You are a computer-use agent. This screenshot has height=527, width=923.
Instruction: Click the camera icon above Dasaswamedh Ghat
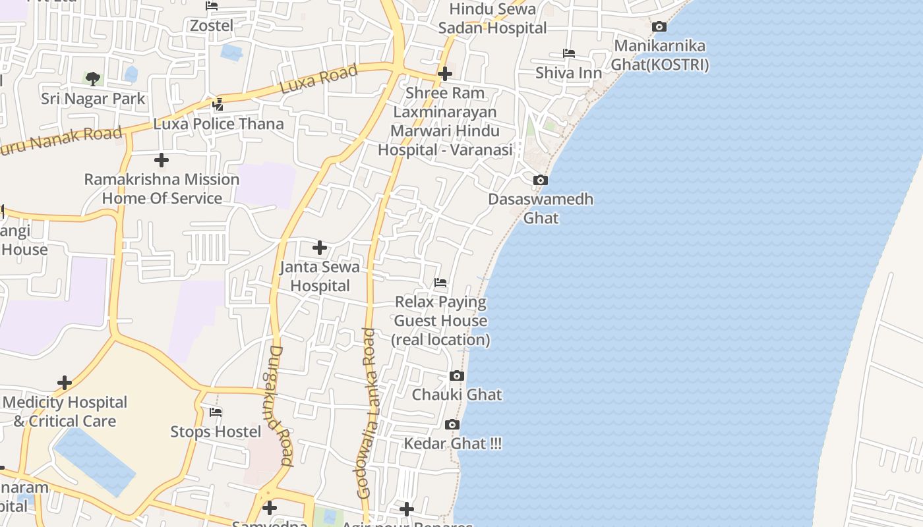(540, 180)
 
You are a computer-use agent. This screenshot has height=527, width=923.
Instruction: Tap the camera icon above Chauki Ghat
(456, 375)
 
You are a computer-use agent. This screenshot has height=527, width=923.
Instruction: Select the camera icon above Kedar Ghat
(452, 424)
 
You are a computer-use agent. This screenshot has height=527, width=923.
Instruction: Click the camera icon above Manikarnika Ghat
(659, 27)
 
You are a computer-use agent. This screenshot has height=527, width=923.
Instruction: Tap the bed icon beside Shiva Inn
(568, 53)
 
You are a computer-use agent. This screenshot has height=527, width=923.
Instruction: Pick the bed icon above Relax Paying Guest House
(440, 283)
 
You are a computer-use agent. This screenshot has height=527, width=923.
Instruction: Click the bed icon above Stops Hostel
(216, 412)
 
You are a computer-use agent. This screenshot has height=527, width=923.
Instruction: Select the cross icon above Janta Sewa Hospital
(320, 248)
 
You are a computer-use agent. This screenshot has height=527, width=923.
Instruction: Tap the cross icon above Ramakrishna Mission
(162, 160)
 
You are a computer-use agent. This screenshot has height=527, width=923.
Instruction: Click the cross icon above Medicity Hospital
(65, 383)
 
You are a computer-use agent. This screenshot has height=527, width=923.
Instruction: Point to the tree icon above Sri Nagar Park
(93, 79)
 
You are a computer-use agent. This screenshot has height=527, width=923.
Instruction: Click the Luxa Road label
(318, 78)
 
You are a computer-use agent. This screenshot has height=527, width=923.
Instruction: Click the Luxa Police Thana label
(218, 124)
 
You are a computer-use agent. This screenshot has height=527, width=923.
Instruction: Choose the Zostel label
(212, 26)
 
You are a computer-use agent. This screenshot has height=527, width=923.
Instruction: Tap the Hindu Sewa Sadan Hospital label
(492, 18)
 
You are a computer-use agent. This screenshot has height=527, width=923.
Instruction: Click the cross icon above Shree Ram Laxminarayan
(445, 74)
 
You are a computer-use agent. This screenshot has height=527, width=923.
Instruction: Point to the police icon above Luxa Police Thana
(218, 104)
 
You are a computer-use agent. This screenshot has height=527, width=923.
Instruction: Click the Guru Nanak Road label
(59, 140)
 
